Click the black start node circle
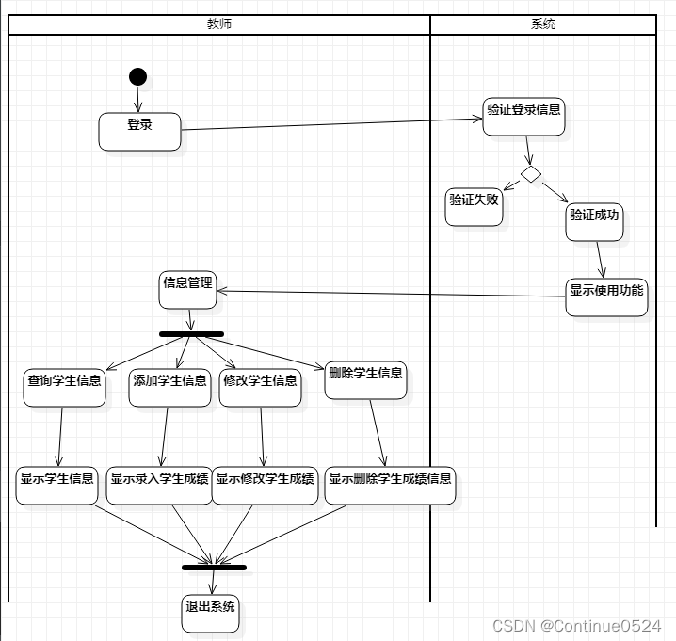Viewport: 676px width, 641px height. coord(138,76)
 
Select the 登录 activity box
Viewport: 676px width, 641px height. coord(139,131)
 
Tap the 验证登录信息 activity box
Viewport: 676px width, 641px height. coord(524,116)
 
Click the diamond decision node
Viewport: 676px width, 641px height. coord(531,174)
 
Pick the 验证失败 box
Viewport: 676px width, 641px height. coord(474,206)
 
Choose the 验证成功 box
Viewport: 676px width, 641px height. coord(595,221)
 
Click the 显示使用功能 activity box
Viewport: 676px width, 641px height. coord(606,296)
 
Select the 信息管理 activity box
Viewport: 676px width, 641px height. coord(187,289)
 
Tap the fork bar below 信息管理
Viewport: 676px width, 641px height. coord(191,333)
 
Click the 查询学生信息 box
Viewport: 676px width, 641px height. coord(64,387)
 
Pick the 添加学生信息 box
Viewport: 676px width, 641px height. coord(169,387)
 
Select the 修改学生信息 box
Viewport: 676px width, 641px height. coord(260,387)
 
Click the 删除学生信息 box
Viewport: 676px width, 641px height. coord(366,379)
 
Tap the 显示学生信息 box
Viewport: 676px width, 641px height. coord(56,485)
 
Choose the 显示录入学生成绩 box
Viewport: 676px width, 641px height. coord(159,485)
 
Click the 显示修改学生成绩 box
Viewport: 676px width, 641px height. coord(266,485)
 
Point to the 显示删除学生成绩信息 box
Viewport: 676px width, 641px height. coord(391,485)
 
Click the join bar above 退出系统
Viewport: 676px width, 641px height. coord(214,568)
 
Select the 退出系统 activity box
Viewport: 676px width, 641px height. coord(210,613)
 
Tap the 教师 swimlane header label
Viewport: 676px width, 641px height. coord(219,24)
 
